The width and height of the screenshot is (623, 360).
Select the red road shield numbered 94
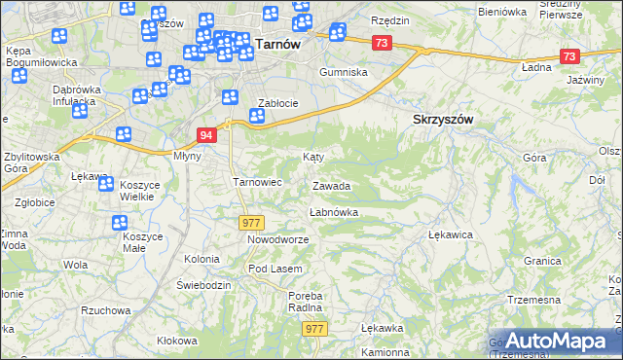pos(205,134)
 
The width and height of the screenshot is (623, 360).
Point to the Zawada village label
pos(331,186)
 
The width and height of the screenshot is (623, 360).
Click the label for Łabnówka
pos(334,211)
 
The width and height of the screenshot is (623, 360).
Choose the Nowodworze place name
pos(277,239)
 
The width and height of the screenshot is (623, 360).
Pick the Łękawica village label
pos(451,234)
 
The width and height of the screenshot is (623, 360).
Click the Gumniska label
pos(345,72)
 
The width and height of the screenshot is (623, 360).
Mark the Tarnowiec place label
pos(257,182)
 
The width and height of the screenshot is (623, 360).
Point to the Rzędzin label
pos(389,20)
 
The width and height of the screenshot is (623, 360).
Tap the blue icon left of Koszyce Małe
pos(119,224)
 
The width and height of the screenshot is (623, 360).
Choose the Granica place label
pos(542,262)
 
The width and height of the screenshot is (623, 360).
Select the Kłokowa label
pos(177,341)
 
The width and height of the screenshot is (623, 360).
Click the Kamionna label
pos(384,352)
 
